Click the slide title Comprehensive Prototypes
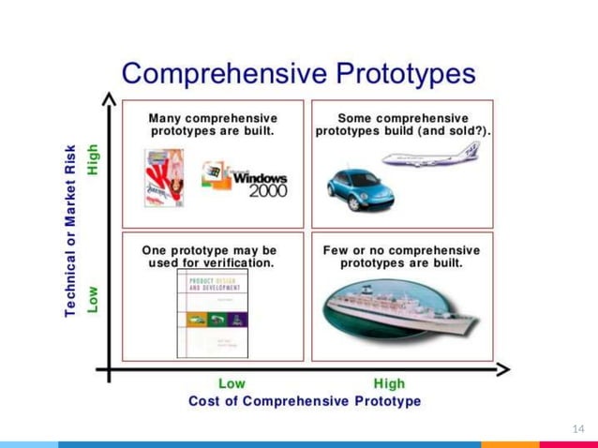coord(298,72)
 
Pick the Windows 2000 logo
coord(245,179)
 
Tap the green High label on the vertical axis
coord(92,157)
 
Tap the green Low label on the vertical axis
coord(92,299)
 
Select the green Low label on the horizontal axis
coord(232,383)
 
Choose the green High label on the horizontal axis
coord(389,383)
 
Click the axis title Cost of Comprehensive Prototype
coord(305,401)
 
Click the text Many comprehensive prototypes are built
coord(213,125)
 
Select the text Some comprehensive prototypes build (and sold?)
coord(402,125)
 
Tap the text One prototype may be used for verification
coord(210,257)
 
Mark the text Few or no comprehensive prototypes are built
coord(401,257)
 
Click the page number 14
coord(577,427)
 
